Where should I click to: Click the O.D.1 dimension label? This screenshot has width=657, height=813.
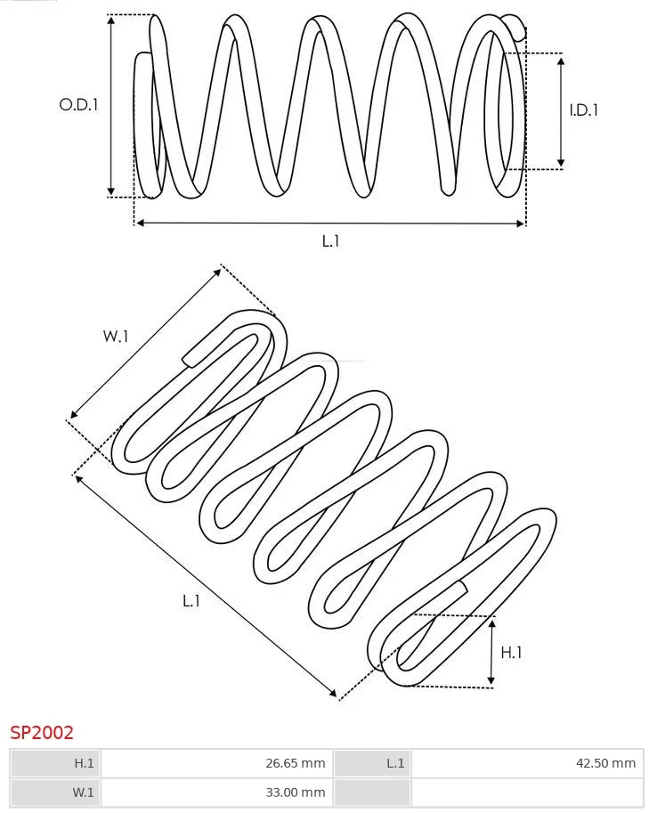point(78,105)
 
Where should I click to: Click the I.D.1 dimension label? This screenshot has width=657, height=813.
point(583,110)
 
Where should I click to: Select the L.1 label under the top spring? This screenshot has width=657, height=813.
point(330,240)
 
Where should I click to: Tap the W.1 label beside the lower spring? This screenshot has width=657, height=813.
point(115,336)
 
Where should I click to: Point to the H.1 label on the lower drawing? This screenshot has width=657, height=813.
point(511,652)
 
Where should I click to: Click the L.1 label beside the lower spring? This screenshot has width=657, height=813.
point(191,601)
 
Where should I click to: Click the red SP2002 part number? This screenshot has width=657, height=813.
point(42,733)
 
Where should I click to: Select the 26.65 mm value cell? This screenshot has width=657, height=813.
point(217,763)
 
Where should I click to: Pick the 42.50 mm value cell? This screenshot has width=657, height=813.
point(527,763)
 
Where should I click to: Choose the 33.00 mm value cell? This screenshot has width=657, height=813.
point(217,793)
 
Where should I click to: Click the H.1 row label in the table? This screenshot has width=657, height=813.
point(56,763)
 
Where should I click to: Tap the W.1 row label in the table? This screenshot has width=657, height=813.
point(56,793)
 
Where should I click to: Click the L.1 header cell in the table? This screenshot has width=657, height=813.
point(373,763)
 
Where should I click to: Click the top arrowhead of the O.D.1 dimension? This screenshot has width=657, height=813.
point(111,20)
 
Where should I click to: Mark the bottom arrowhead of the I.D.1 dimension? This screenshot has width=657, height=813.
point(561,163)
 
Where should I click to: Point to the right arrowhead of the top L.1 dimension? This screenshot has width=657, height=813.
point(520,224)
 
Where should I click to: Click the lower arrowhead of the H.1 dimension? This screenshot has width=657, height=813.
point(491,680)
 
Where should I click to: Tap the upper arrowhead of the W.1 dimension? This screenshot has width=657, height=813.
point(217,272)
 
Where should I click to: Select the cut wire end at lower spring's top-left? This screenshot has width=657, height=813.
point(189,361)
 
